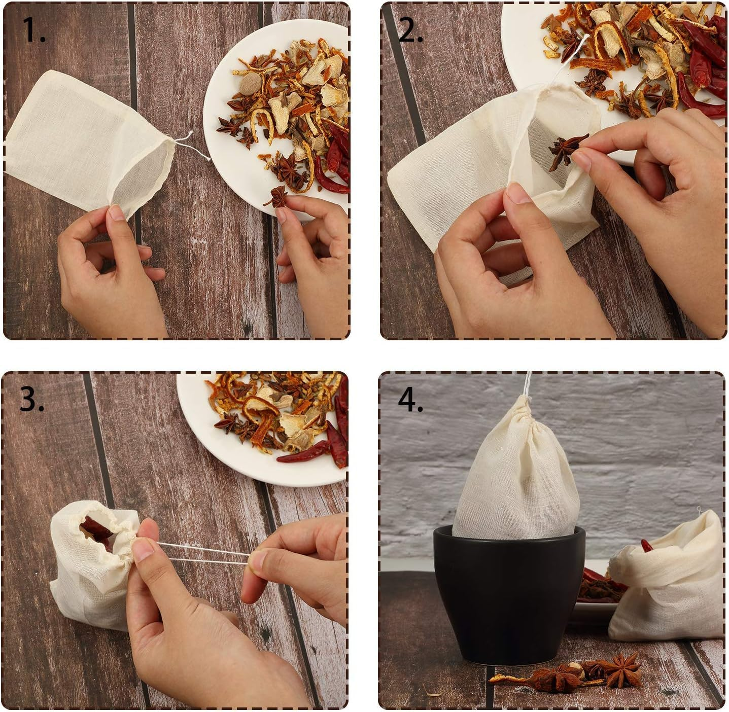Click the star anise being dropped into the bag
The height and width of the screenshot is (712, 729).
pyautogui.click(x=567, y=148)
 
